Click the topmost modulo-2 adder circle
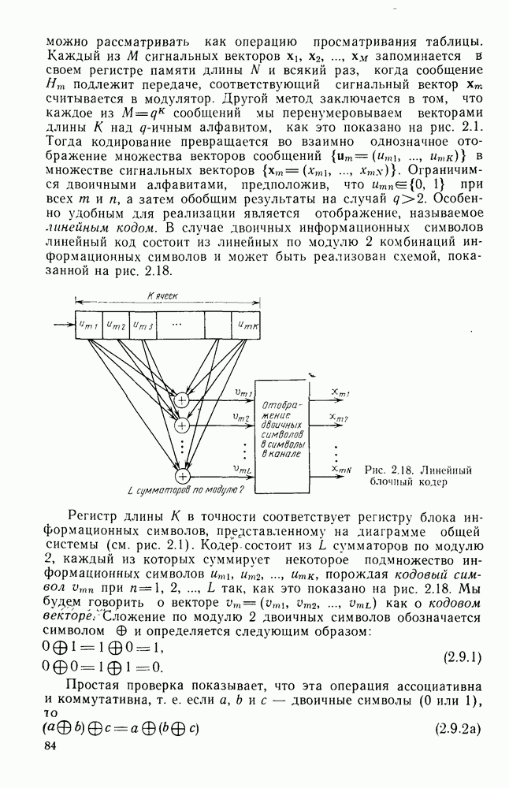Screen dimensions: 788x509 coord(182,400)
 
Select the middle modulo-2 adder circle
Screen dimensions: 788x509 coord(182,426)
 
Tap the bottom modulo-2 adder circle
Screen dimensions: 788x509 coord(182,475)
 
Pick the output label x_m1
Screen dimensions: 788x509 coord(340,392)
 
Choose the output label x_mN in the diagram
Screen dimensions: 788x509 coord(340,470)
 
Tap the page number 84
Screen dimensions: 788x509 coord(52,745)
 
